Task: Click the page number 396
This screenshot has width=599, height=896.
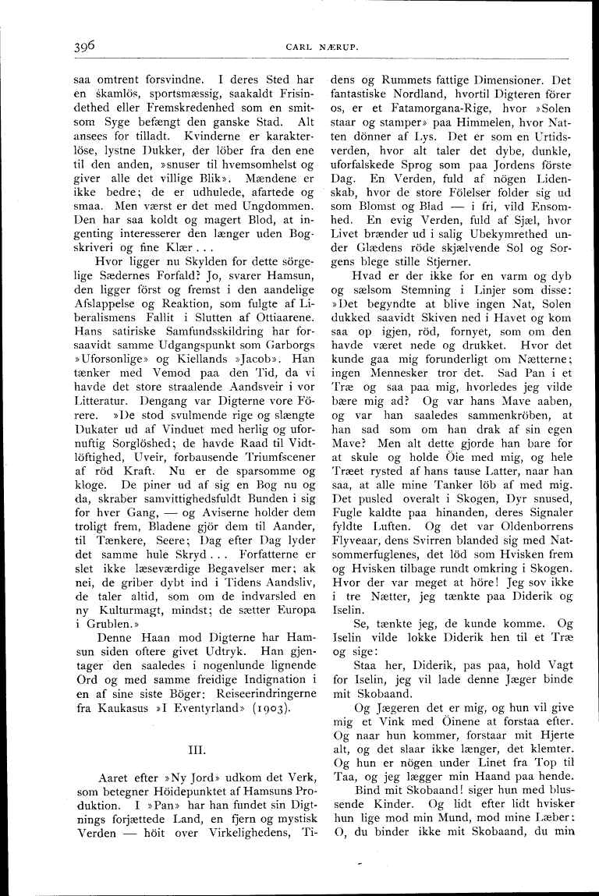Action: point(79,46)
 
